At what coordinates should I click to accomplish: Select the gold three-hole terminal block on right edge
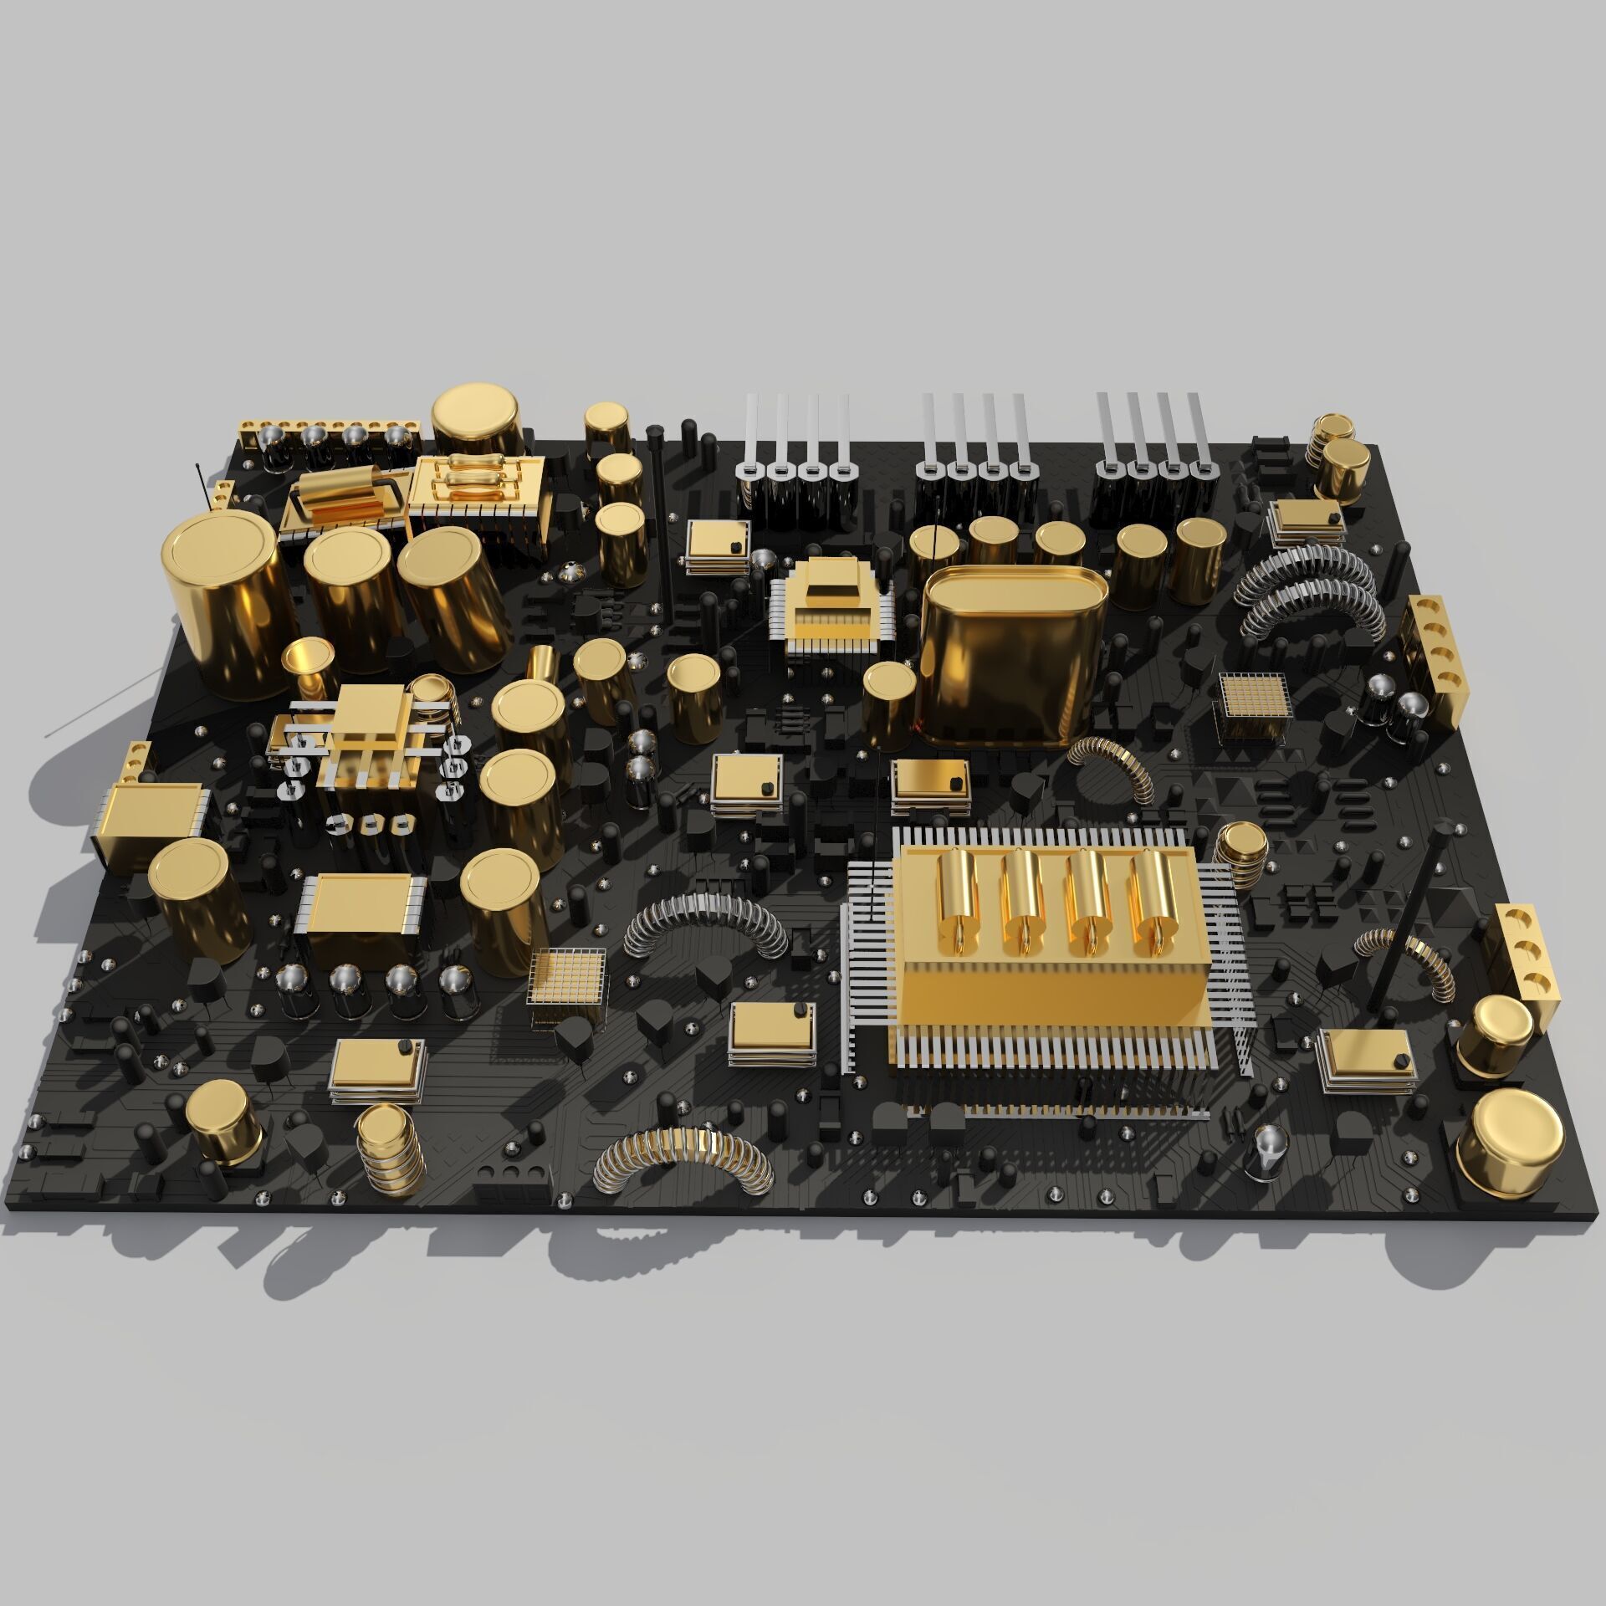1526,958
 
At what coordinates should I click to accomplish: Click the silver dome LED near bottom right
1271,1150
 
